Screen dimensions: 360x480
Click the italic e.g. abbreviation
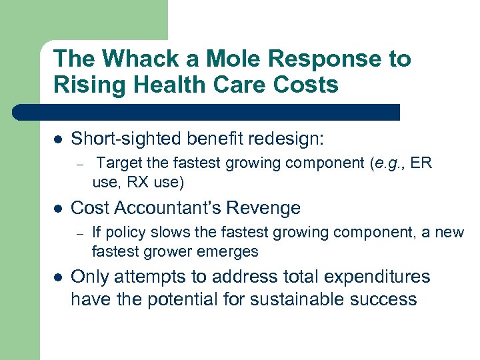[x=388, y=163]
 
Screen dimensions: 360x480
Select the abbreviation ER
[x=421, y=163]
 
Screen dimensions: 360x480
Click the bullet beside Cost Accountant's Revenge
[x=58, y=208]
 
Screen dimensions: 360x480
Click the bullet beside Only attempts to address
[x=58, y=277]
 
